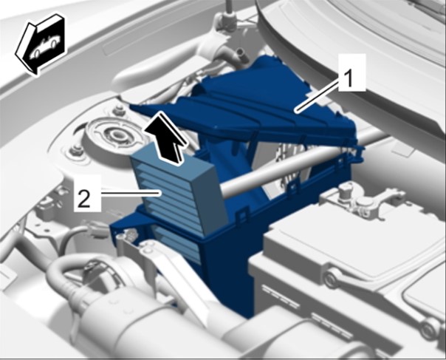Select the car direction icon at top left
[41, 44]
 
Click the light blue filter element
[179, 189]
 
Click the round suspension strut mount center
[115, 133]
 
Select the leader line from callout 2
[131, 194]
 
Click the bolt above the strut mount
[119, 109]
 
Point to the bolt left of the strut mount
[76, 150]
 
